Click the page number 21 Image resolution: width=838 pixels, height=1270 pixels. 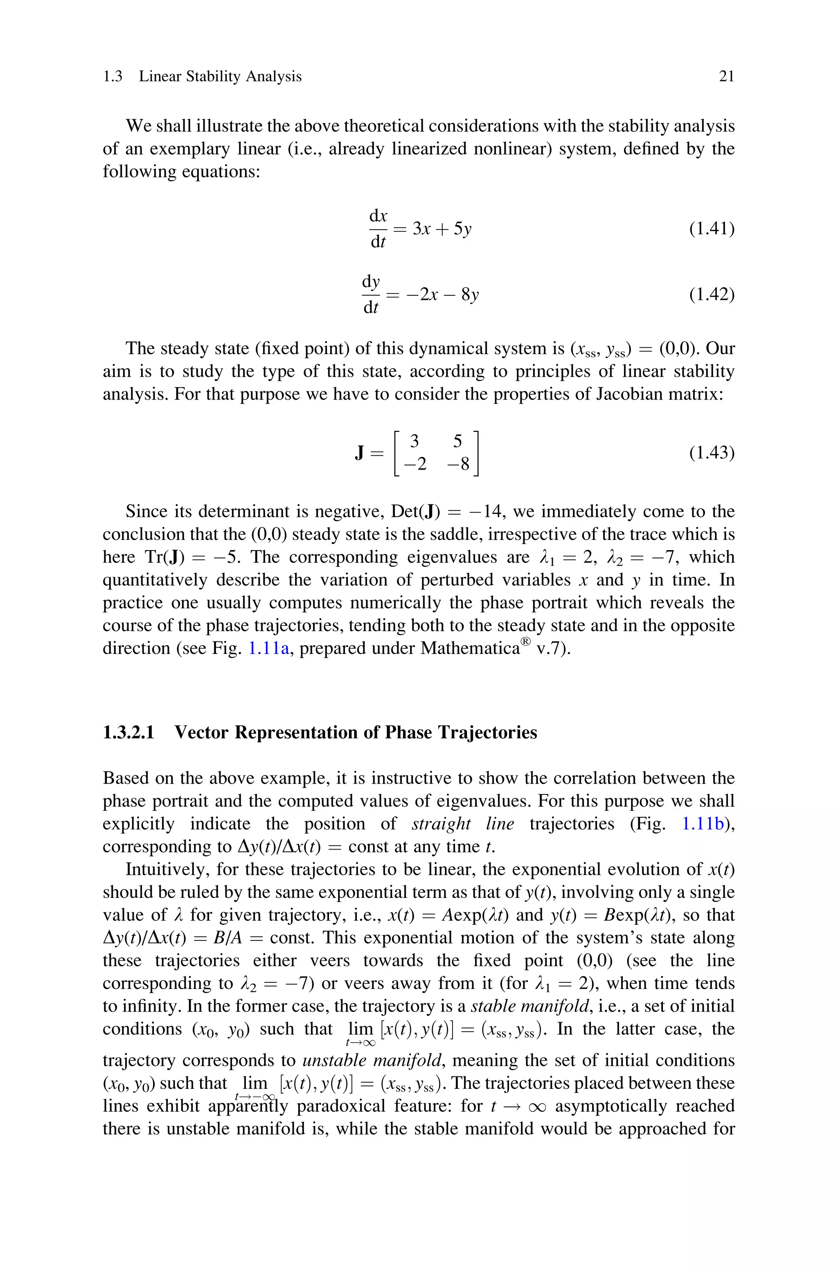(726, 76)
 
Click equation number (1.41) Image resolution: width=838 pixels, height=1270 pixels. (711, 229)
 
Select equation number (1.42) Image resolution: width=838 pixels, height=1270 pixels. (711, 294)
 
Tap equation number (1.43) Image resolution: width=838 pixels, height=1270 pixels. (711, 453)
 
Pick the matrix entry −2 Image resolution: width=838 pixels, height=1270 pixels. (416, 464)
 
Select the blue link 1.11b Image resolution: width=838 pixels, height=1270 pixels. (703, 823)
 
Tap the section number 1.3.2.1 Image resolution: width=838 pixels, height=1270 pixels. (128, 732)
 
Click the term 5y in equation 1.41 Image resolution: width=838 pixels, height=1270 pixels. (462, 229)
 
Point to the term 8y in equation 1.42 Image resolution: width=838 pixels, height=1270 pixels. (470, 294)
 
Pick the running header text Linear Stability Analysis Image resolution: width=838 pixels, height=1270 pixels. (220, 76)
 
